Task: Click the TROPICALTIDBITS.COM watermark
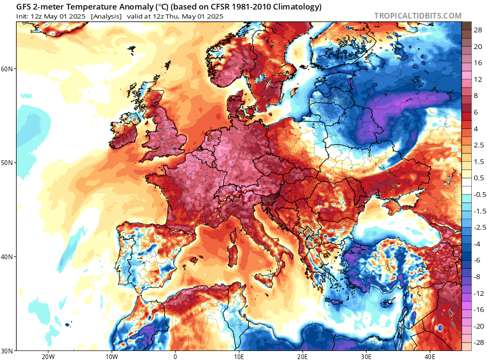418,16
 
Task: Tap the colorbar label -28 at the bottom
477,342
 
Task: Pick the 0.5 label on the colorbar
478,177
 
